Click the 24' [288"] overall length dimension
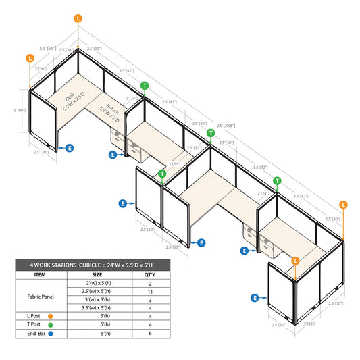[226, 126]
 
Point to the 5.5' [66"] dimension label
[48, 48]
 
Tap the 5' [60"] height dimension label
[20, 110]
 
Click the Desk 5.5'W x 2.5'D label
[74, 101]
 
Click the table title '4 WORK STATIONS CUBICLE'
[66, 265]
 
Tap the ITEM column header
[40, 275]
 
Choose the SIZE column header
[97, 275]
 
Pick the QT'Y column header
[150, 275]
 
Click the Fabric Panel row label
[41, 297]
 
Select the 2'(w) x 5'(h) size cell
[99, 283]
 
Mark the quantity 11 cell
[150, 292]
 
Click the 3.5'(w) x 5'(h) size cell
[96, 307]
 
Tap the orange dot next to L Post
[50, 316]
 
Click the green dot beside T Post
[51, 325]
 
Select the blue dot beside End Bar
[51, 334]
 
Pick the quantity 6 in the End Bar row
[150, 333]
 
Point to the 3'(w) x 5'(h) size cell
[97, 299]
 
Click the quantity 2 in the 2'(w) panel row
[150, 284]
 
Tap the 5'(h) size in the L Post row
[105, 316]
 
